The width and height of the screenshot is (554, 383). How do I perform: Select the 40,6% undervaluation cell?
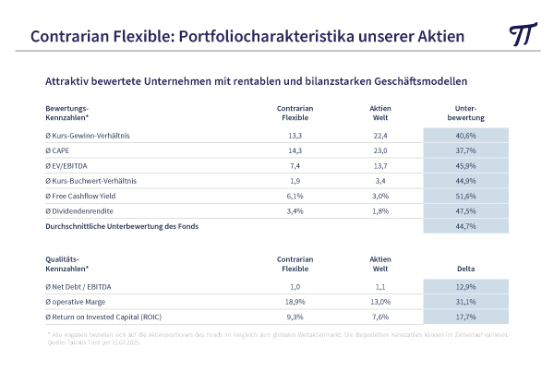point(465,137)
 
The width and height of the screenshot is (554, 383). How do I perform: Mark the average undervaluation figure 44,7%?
point(465,226)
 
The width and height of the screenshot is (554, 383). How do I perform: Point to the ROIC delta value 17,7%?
point(465,317)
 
